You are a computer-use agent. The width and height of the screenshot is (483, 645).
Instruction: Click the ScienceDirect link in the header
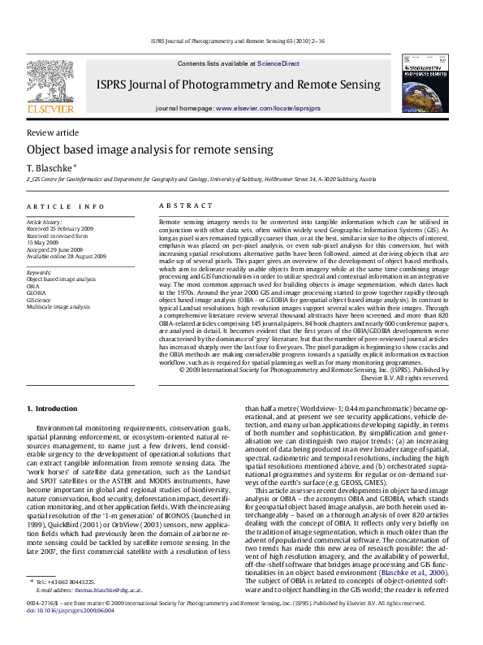coord(278,63)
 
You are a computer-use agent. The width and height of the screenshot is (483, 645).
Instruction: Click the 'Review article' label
coord(53,132)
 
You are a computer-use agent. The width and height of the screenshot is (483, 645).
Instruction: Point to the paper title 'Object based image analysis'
coord(139,150)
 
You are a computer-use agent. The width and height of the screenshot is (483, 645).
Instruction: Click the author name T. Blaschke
coord(51,167)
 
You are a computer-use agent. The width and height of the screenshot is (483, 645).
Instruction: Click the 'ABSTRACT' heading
coord(185,207)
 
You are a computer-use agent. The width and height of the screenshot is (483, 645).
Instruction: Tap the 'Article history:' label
coord(45,222)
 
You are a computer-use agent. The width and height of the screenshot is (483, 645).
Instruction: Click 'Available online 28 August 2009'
coord(67,256)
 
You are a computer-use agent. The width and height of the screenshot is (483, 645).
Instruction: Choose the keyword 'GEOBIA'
coord(36,293)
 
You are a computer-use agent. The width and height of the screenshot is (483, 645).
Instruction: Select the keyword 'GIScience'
coord(39,301)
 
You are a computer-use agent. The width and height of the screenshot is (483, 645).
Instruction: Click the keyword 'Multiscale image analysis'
coord(58,308)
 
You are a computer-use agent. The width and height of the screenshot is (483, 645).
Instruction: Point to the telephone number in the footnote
coord(75,582)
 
